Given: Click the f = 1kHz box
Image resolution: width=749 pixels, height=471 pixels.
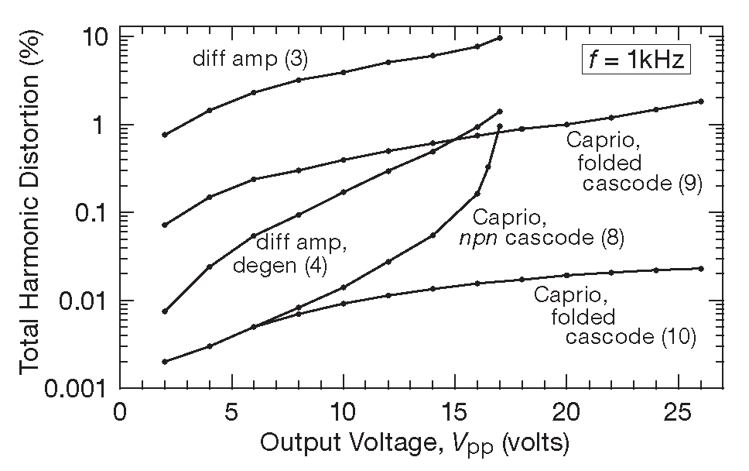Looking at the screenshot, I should point(634,60).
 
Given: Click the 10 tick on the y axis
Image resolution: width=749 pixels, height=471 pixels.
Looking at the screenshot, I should point(94,36).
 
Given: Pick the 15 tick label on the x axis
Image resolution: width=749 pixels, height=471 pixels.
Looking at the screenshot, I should point(455,410).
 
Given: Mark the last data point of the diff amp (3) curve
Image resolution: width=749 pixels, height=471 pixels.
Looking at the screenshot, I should point(500,37).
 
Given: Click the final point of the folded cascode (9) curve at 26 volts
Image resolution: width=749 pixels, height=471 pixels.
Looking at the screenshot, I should point(701,101).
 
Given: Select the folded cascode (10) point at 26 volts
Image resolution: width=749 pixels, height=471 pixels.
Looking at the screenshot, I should point(701,268).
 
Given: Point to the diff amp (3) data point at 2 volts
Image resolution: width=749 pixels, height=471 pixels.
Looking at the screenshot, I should point(165,135).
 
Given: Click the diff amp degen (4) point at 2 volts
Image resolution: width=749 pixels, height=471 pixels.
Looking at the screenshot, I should point(165,311).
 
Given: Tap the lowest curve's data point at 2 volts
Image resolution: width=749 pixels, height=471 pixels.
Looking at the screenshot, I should point(165,362).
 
